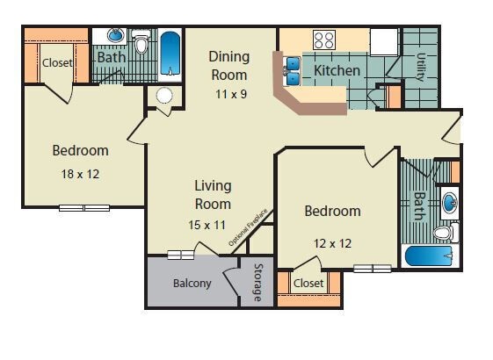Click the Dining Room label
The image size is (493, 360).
click(228, 65)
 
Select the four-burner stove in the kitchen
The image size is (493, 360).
click(324, 40)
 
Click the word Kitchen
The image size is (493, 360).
click(337, 70)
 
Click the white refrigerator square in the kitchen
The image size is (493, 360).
click(383, 41)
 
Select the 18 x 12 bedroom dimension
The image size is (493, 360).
click(80, 174)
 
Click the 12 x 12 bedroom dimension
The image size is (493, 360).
click(332, 242)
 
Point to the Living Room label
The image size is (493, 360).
click(213, 194)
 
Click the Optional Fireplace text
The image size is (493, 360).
click(248, 227)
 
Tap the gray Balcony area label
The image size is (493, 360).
click(192, 283)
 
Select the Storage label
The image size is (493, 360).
click(257, 283)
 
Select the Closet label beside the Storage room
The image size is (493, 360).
click(308, 283)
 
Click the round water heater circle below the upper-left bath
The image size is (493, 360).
click(164, 96)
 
